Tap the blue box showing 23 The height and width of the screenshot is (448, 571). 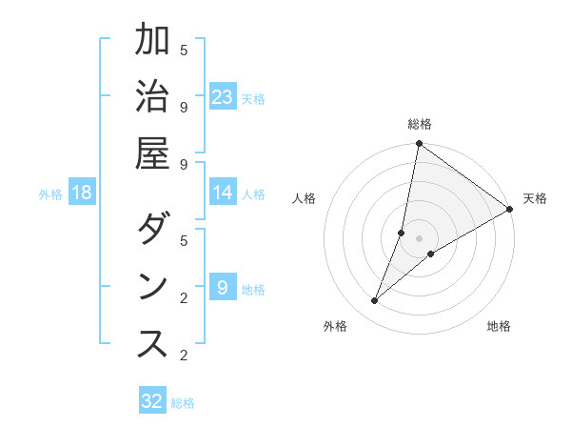pyautogui.click(x=223, y=97)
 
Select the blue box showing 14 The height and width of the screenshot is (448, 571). pyautogui.click(x=223, y=193)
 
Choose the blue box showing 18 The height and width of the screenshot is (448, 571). pyautogui.click(x=82, y=193)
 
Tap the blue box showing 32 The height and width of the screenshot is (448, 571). pyautogui.click(x=152, y=401)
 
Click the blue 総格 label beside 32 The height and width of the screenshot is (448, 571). pyautogui.click(x=184, y=403)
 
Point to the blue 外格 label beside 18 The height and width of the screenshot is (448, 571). pyautogui.click(x=50, y=194)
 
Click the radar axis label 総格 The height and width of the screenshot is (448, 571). pyautogui.click(x=420, y=124)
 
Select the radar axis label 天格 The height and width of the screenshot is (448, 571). pyautogui.click(x=535, y=198)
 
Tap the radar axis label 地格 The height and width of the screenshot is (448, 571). pyautogui.click(x=499, y=326)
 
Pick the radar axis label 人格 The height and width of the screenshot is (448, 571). pyautogui.click(x=305, y=198)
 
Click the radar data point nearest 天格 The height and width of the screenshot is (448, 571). pyautogui.click(x=510, y=210)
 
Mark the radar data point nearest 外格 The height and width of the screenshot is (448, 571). pyautogui.click(x=375, y=301)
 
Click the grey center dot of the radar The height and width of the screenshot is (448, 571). pyautogui.click(x=420, y=238)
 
